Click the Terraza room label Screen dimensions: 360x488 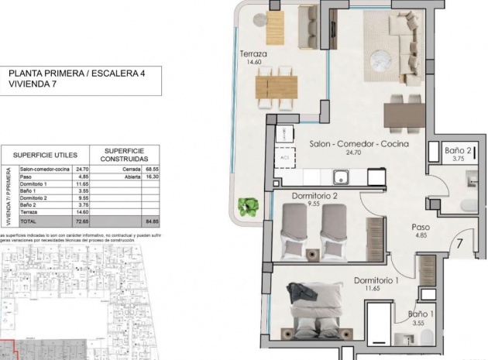[x=253, y=54]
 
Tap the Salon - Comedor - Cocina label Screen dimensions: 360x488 [x=359, y=144]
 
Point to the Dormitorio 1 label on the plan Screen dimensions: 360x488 [x=376, y=280]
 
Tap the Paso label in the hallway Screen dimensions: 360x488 [x=420, y=228]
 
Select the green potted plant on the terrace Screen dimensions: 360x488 [x=249, y=206]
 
